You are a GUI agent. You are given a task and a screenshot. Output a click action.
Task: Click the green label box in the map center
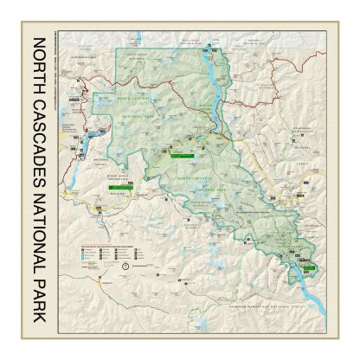(180, 157)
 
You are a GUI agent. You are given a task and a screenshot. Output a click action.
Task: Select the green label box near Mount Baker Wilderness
(116, 185)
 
